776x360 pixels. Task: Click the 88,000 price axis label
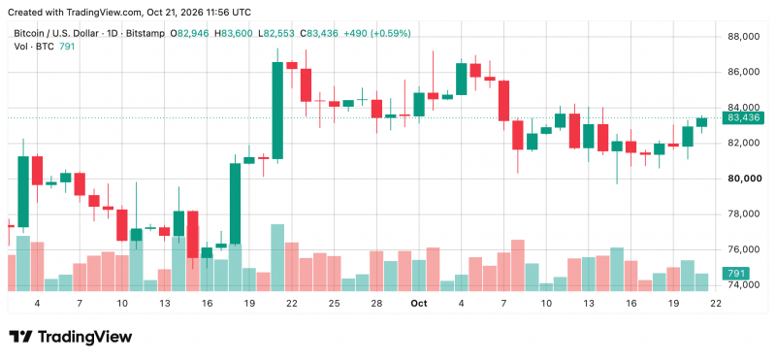744,37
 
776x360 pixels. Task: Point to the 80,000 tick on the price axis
744,179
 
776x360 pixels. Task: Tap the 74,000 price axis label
744,284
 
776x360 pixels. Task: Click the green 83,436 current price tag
743,117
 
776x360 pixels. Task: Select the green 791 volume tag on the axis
736,273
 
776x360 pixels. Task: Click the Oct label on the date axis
419,303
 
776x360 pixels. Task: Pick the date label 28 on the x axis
376,303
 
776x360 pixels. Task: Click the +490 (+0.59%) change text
377,34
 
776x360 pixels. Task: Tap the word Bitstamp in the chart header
148,34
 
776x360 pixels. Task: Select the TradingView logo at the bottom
71,338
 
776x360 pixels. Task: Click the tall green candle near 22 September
277,111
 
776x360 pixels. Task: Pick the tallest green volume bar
277,257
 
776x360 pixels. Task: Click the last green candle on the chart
701,122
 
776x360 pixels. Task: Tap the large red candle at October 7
503,101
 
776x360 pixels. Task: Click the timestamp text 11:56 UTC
227,12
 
